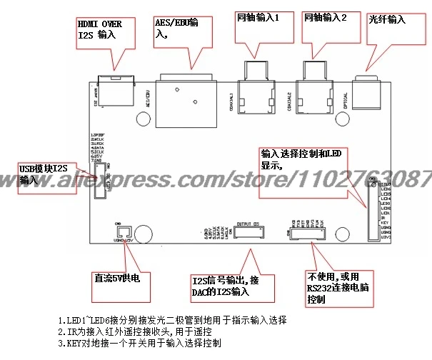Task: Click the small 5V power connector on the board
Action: tap(122, 233)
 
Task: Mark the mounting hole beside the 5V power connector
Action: tap(144, 234)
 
